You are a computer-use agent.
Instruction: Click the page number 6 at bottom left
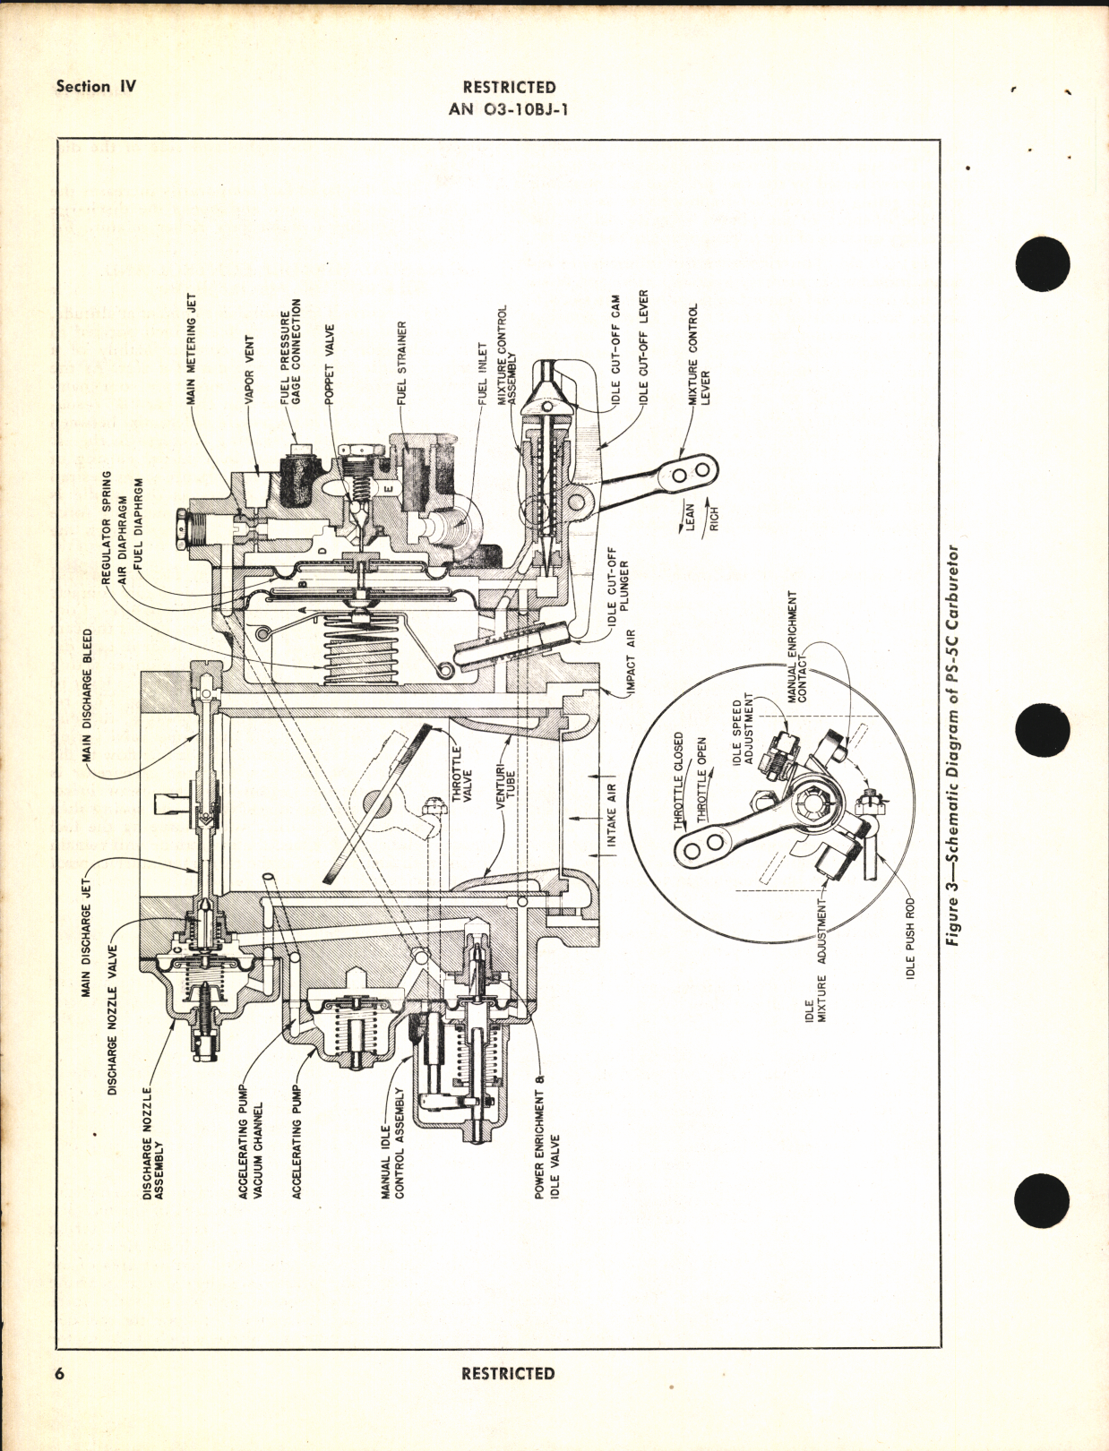pos(60,1374)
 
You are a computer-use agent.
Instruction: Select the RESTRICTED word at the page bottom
pos(508,1374)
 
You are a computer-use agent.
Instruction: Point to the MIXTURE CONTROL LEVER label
pos(699,354)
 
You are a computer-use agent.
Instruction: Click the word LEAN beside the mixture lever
pos(691,519)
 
